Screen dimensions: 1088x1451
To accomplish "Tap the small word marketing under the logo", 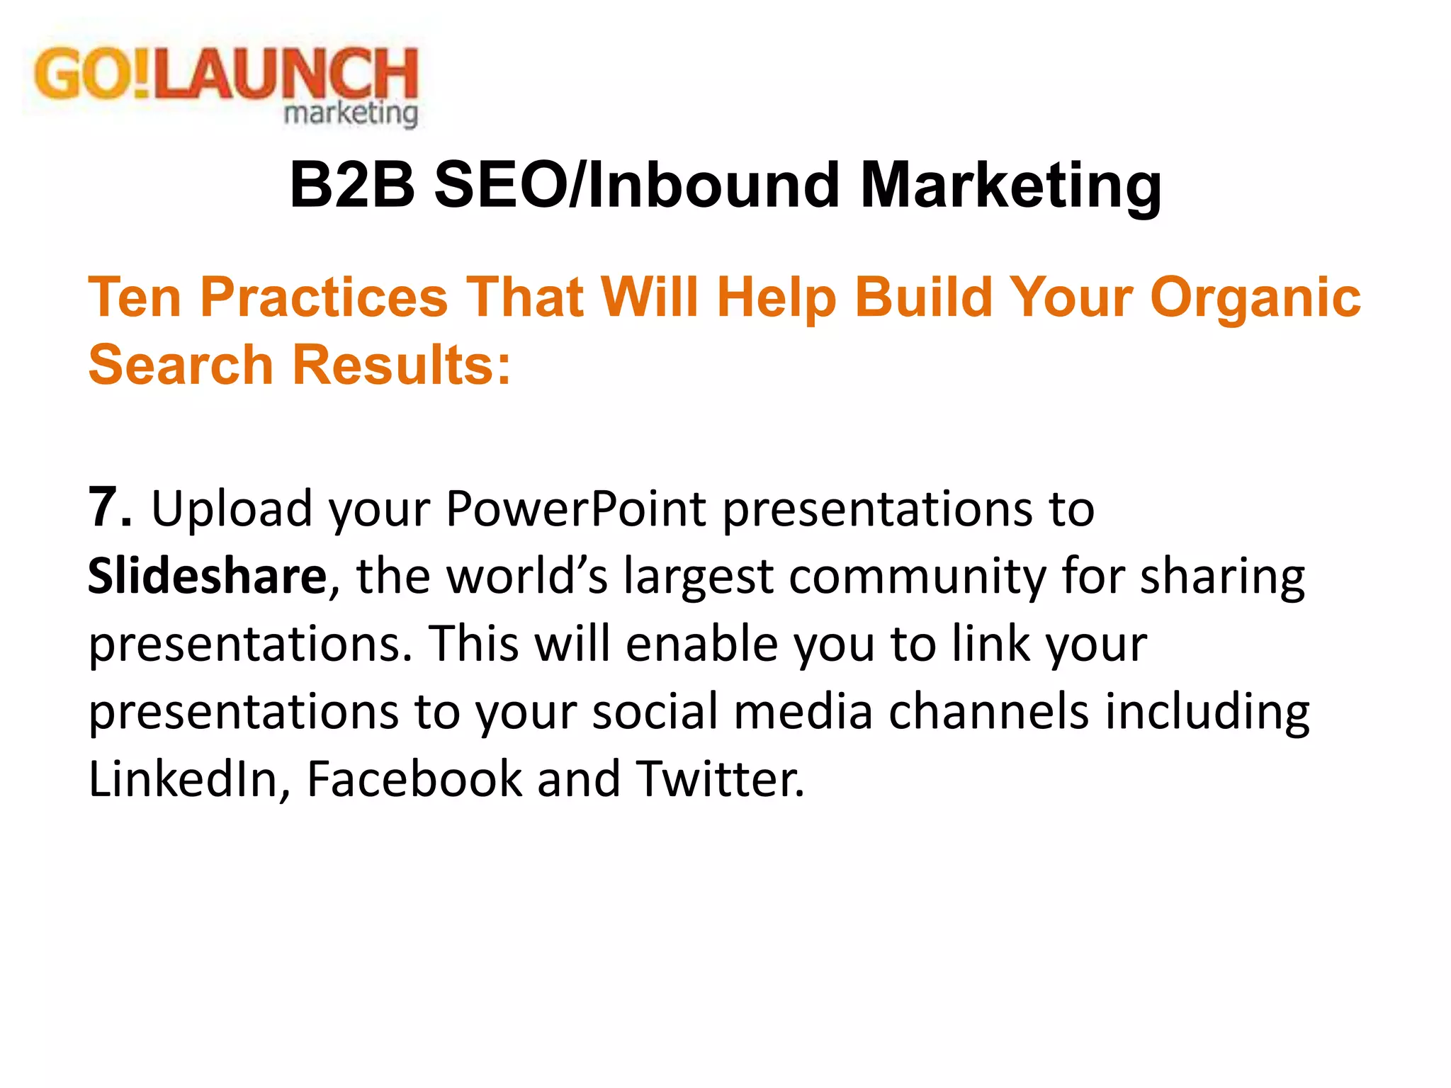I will coord(351,113).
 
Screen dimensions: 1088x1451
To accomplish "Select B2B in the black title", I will coord(351,185).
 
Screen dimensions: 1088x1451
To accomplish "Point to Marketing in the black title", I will coord(1010,185).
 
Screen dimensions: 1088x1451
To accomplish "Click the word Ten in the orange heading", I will coord(135,297).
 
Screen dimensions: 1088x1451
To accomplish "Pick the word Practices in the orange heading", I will coord(324,297).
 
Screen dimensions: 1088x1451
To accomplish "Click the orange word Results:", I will coord(402,365).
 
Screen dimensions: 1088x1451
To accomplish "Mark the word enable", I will coord(702,644).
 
